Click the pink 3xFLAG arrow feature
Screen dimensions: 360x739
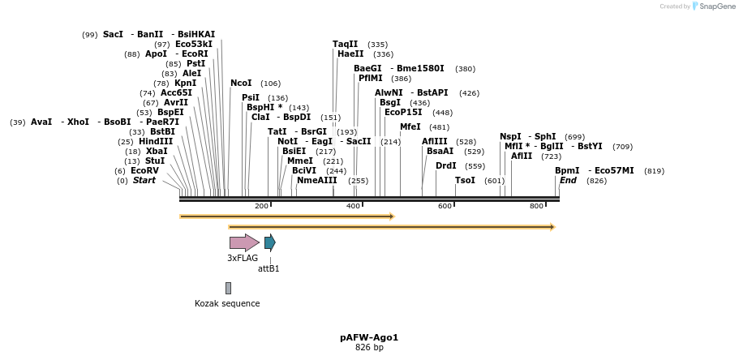(243, 242)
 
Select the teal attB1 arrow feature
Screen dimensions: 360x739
(269, 242)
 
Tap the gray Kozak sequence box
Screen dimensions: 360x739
(228, 288)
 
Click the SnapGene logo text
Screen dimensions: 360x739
(717, 6)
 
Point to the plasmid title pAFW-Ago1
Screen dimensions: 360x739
(369, 337)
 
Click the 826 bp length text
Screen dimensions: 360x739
(369, 348)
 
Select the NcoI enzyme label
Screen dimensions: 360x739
(241, 84)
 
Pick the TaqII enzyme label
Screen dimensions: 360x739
(345, 45)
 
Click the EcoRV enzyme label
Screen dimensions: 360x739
(144, 171)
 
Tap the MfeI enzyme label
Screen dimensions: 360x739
(410, 127)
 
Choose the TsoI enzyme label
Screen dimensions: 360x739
(465, 181)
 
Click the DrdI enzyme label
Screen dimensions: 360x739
(446, 166)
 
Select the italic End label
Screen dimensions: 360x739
(568, 181)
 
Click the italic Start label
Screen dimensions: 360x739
(144, 181)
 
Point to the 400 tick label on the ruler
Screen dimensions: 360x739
(353, 207)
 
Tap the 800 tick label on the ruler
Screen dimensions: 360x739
(536, 207)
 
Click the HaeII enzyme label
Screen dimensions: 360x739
(350, 54)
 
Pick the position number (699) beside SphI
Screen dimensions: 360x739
(574, 137)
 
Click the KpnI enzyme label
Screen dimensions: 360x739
(185, 84)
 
